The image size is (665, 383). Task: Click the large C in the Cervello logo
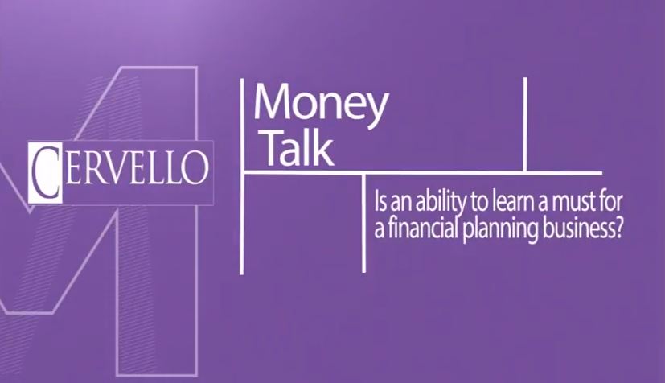tap(45, 172)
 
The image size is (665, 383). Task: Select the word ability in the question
tap(440, 203)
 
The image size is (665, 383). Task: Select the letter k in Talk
tap(324, 147)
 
